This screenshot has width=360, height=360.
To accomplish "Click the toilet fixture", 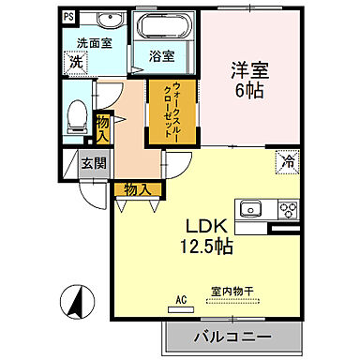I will (x=78, y=116).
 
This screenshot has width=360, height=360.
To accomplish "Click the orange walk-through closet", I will (x=172, y=111).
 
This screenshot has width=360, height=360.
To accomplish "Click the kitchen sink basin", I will (x=252, y=208).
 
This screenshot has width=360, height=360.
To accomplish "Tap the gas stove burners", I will (x=286, y=209).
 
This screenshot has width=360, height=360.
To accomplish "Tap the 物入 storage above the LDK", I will (x=136, y=189).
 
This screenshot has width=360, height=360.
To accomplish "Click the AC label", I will (x=181, y=300).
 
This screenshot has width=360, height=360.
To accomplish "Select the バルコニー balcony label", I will (x=233, y=336).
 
